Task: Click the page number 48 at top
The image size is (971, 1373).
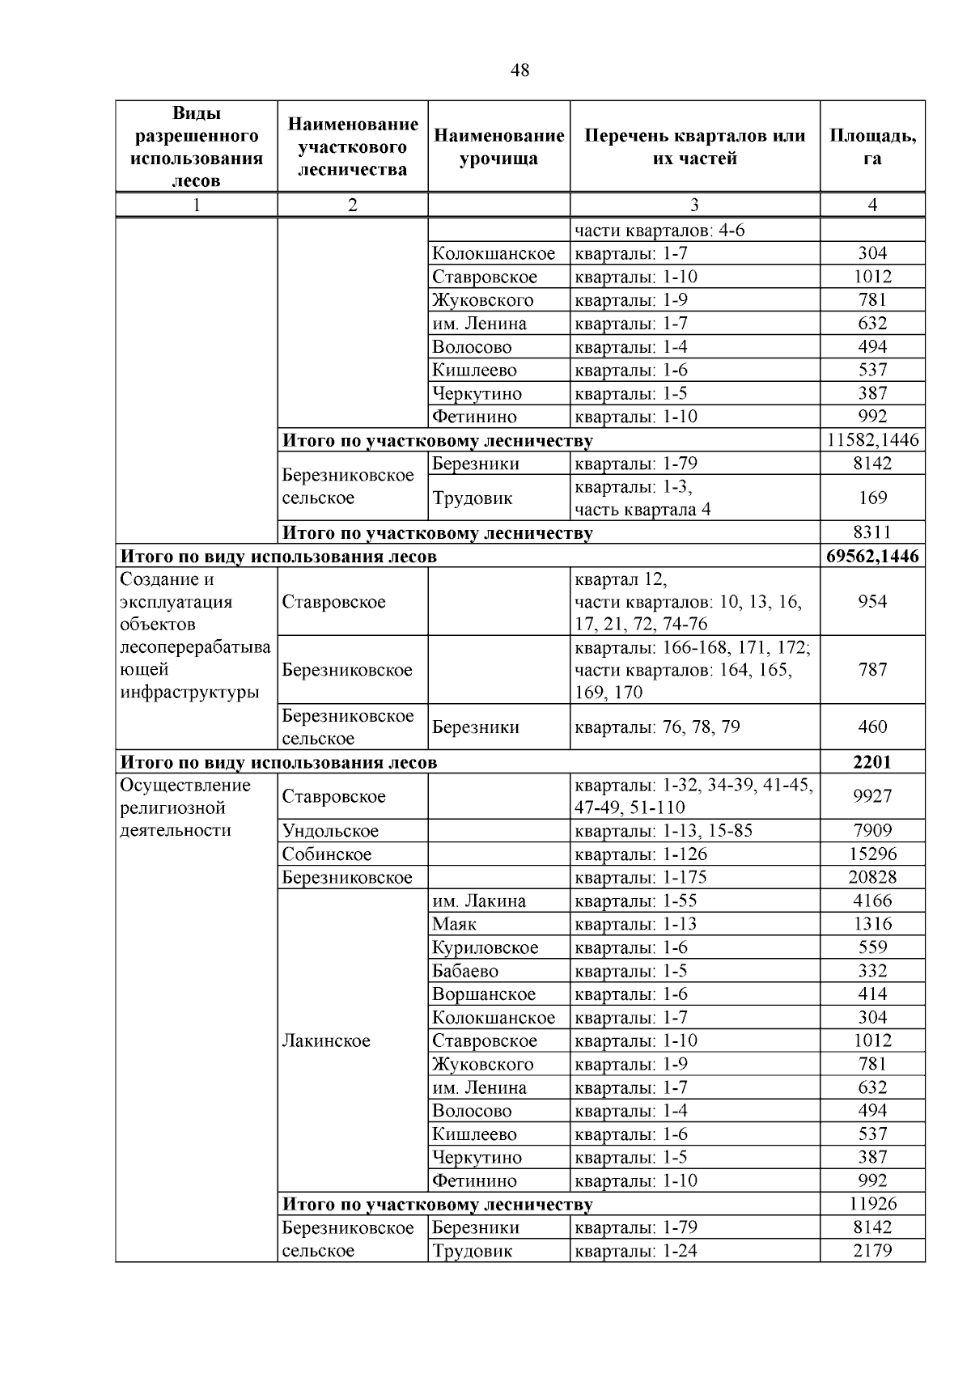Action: [x=519, y=71]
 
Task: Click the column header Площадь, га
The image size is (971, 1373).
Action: [x=872, y=146]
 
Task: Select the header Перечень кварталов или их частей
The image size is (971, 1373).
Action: [x=694, y=146]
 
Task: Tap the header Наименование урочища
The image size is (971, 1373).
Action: [x=498, y=146]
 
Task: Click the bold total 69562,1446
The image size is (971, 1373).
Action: [x=872, y=557]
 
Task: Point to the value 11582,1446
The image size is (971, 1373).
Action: [x=872, y=440]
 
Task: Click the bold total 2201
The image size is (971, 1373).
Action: [x=872, y=762]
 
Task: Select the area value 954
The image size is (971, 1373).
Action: [x=872, y=601]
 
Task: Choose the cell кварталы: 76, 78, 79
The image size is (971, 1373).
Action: [x=657, y=727]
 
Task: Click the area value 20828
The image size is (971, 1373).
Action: [x=872, y=877]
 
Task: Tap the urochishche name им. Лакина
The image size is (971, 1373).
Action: [x=478, y=901]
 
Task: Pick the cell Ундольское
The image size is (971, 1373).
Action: [x=330, y=831]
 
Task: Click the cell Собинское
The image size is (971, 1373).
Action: [x=327, y=854]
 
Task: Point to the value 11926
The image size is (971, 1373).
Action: [x=872, y=1204]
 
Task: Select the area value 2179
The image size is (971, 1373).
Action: [x=872, y=1251]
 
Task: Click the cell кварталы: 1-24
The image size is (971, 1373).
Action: [x=636, y=1251]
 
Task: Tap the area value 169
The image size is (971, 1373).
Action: [x=872, y=498]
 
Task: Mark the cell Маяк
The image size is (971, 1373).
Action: [x=454, y=924]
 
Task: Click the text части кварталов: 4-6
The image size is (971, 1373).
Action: [x=659, y=231]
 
